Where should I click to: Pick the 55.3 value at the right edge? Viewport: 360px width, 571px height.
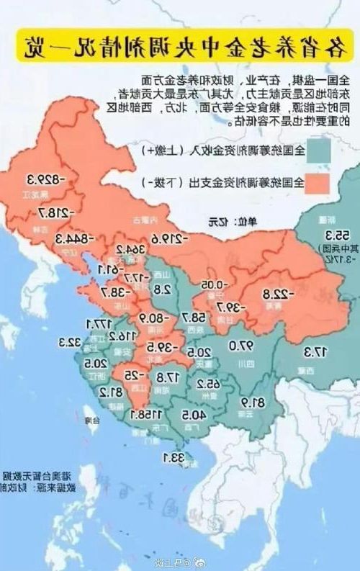coord(338,235)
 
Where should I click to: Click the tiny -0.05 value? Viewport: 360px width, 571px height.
coord(209,284)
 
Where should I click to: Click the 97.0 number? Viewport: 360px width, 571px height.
coord(243,346)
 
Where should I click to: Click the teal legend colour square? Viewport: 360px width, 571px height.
coord(320,153)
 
